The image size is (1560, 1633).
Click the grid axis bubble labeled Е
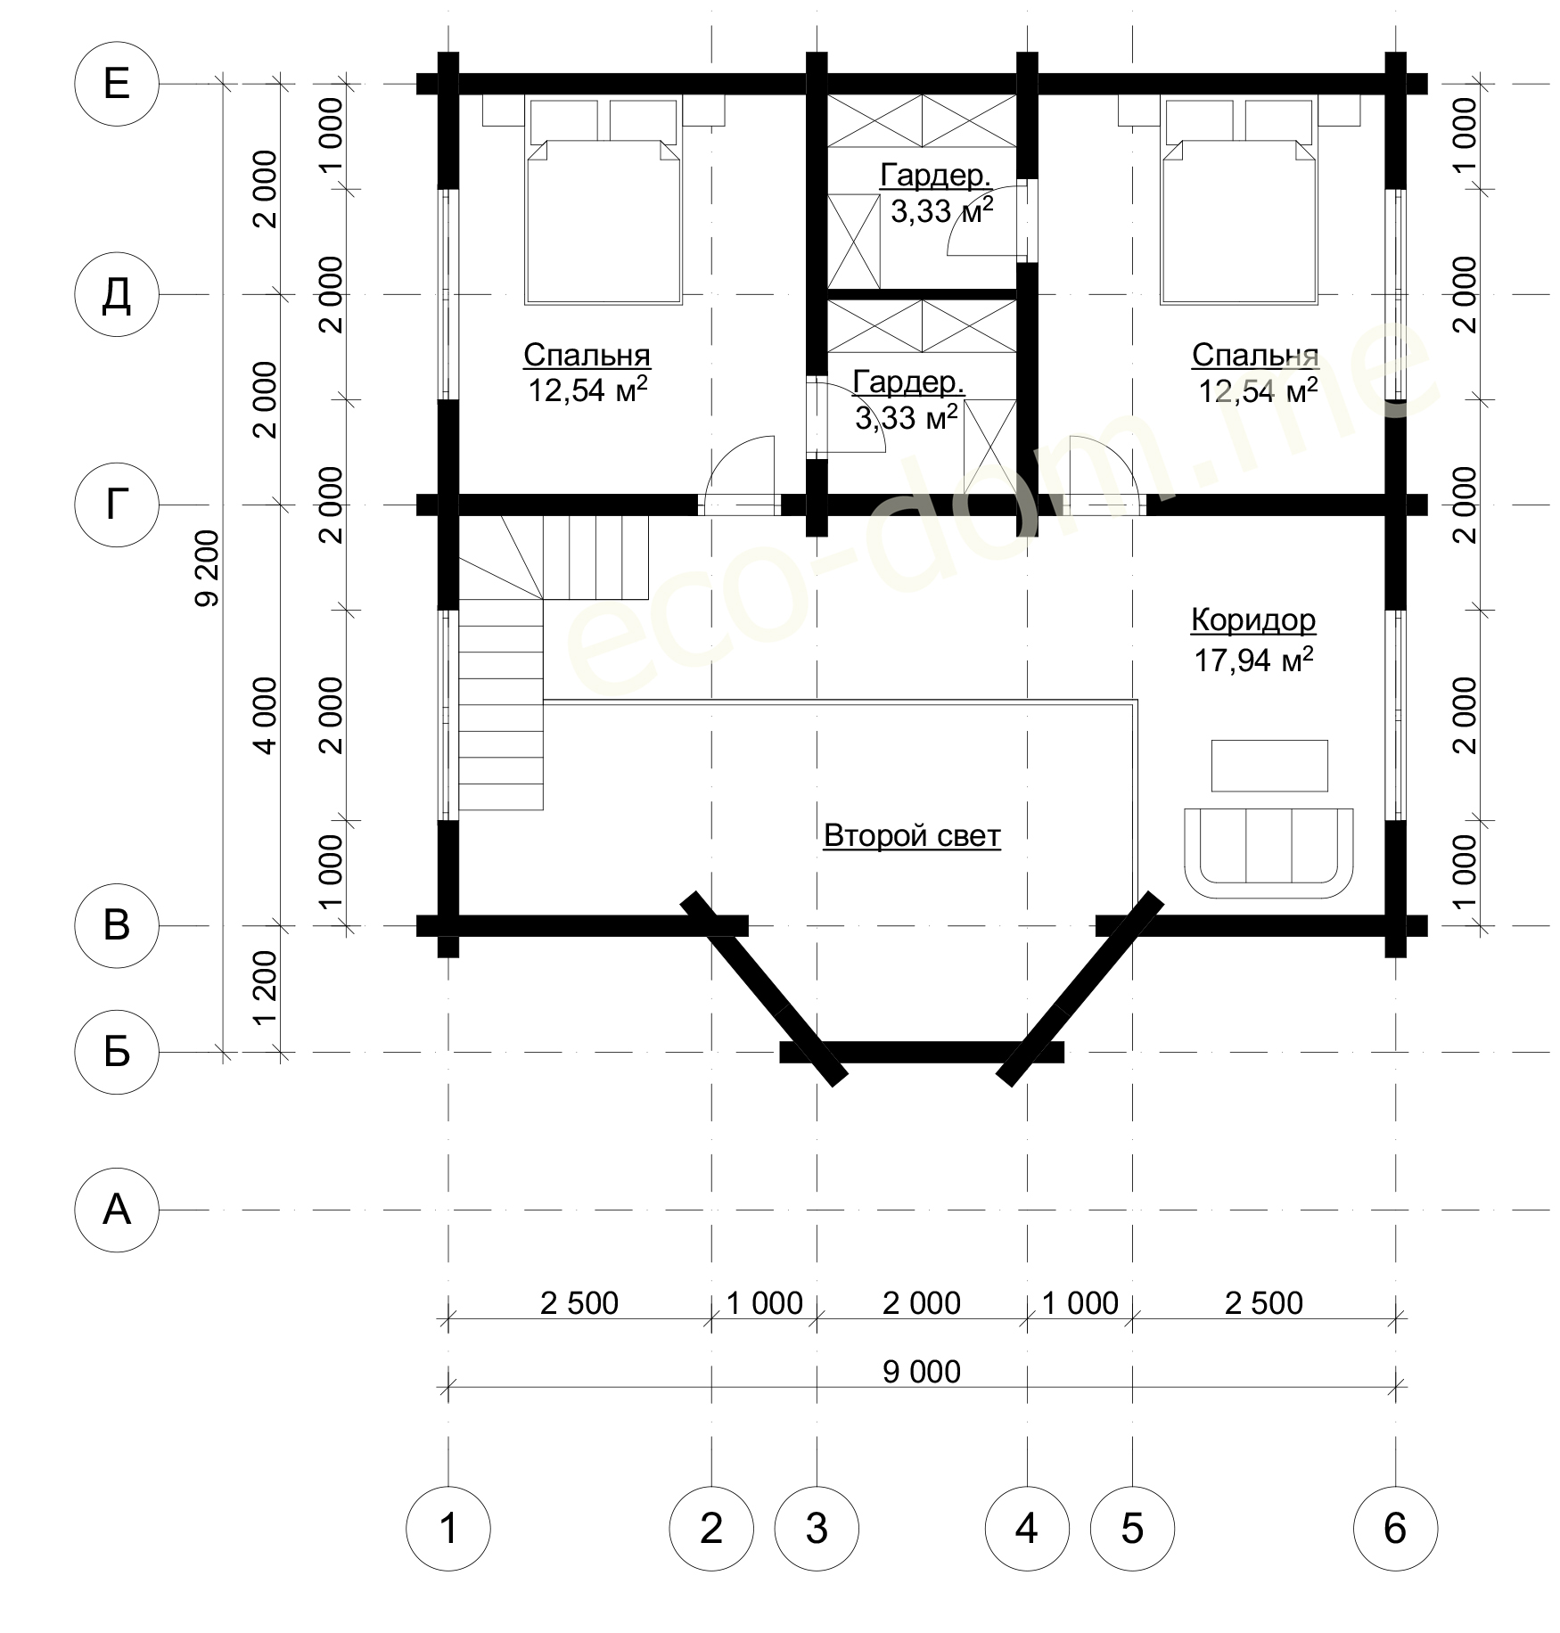point(117,84)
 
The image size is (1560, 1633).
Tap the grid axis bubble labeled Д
point(117,294)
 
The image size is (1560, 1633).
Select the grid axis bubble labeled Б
point(117,1052)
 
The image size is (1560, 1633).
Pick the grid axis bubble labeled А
point(117,1210)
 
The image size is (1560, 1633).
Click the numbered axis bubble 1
point(448,1529)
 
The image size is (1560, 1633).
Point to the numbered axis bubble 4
point(1027,1529)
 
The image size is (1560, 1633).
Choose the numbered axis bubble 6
point(1395,1529)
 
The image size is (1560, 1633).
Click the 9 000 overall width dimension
point(922,1371)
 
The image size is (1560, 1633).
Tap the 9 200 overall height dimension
point(206,568)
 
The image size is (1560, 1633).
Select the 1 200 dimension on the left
point(266,988)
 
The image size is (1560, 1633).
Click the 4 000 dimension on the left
point(266,715)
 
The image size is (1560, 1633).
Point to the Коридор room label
point(1253,620)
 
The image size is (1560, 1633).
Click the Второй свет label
point(912,835)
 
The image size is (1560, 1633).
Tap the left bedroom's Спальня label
point(587,355)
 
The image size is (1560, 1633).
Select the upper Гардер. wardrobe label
point(936,176)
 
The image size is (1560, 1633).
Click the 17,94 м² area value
point(1253,660)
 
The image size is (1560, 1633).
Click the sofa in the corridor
point(1269,854)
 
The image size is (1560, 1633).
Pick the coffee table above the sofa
point(1269,766)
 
